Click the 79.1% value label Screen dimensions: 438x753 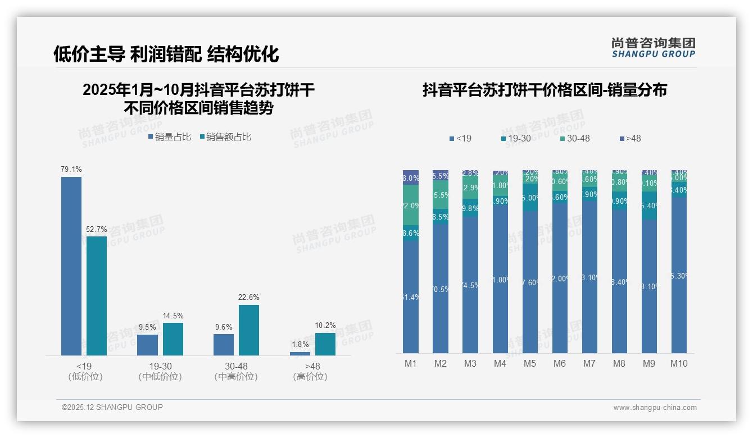click(71, 169)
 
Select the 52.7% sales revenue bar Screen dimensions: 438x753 click(97, 295)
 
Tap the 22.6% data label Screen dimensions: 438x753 click(249, 297)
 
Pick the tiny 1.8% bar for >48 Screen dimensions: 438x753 click(300, 353)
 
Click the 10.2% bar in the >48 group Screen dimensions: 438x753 click(325, 344)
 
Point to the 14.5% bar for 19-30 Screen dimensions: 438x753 click(173, 339)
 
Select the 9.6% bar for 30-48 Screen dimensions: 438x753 click(224, 344)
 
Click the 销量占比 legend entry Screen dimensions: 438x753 click(170, 137)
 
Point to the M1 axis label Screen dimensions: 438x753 click(411, 363)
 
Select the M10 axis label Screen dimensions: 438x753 click(679, 363)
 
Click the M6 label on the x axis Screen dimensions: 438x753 click(560, 363)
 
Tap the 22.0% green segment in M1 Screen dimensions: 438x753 click(411, 205)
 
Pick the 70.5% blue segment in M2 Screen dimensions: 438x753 click(441, 289)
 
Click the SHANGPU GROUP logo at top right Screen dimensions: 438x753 click(654, 48)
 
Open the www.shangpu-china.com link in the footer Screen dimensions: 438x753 click(655, 408)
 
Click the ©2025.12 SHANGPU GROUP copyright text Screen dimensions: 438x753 click(112, 407)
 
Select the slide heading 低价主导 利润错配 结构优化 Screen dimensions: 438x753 click(166, 54)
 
